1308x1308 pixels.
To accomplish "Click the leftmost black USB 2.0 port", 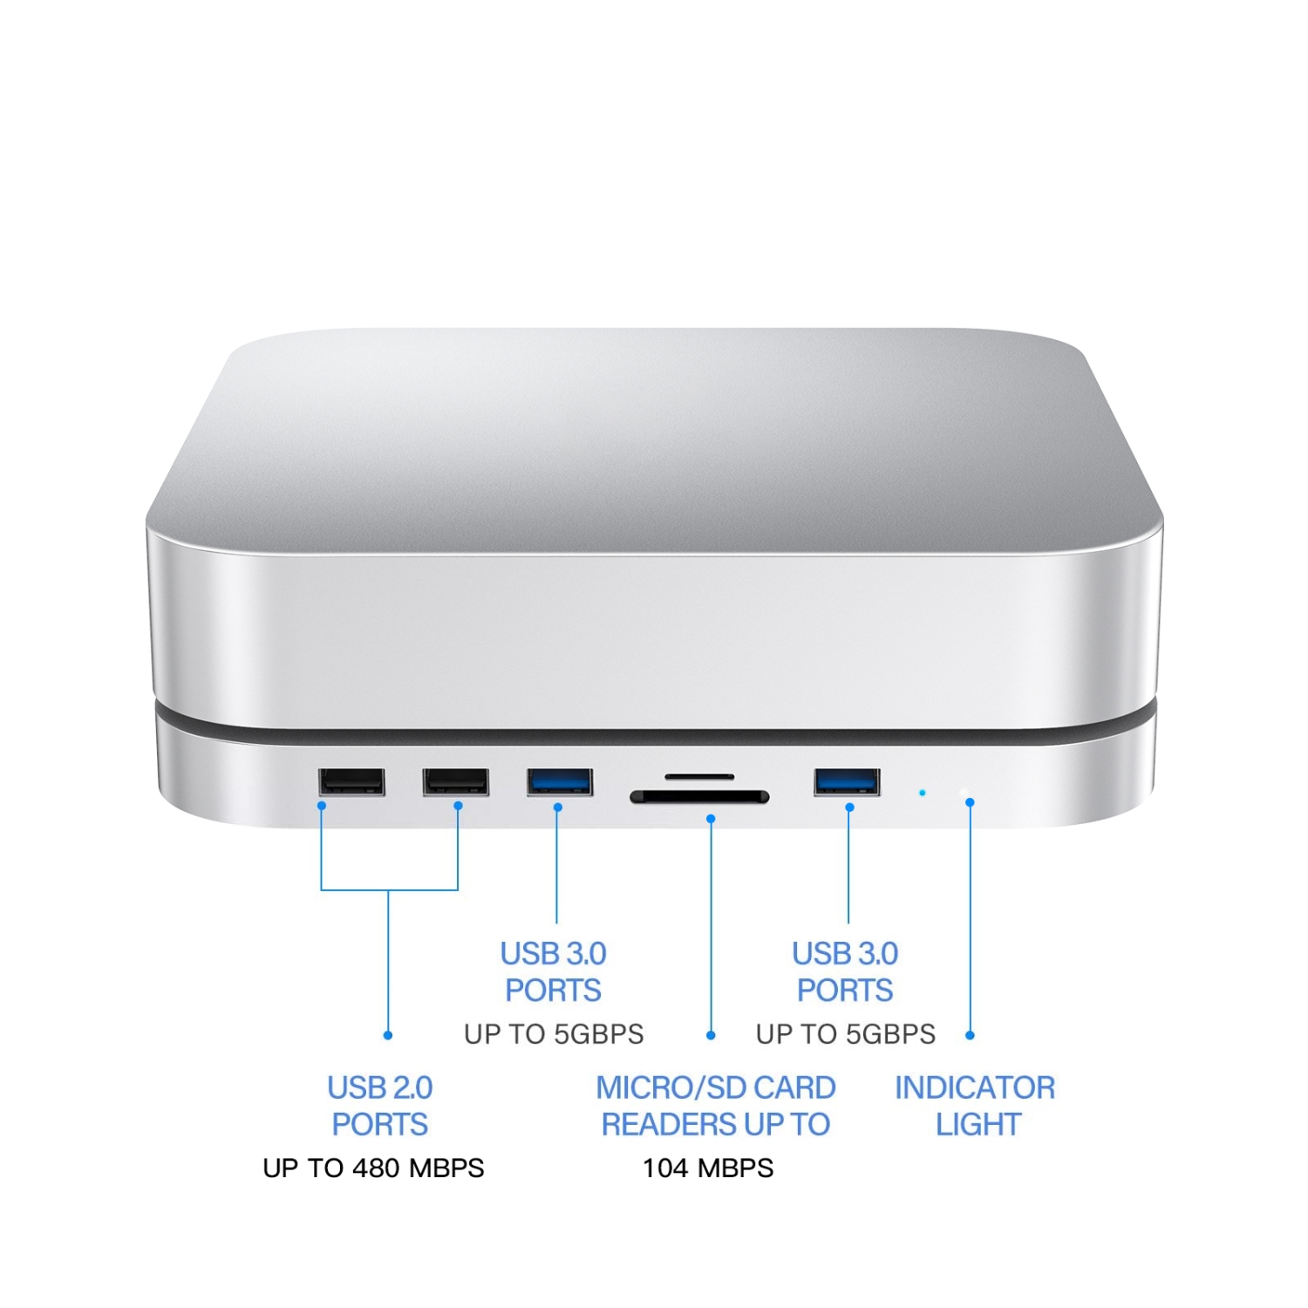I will coord(351,781).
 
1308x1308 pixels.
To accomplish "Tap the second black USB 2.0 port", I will coord(455,781).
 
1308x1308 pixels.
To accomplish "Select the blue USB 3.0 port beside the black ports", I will coord(560,781).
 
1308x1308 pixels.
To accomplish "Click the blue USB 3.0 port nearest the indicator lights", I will coord(847,781).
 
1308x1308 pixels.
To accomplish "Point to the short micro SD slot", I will coord(699,776).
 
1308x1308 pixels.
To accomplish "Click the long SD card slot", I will coord(699,796).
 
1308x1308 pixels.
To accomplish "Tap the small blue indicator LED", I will coord(923,793).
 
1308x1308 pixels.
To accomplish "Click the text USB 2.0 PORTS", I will coord(380,1106).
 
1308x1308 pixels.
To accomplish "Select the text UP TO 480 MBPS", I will coord(373,1168).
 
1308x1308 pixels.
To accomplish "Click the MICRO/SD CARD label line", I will coord(715,1087).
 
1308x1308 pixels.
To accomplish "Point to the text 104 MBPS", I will coord(708,1168).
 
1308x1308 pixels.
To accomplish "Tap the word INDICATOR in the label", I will coord(975,1087).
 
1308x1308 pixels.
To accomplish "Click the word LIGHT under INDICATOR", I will coord(978,1125).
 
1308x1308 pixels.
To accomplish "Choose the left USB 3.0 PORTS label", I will coord(554,971).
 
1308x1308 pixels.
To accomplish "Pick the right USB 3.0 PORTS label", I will coord(845,971).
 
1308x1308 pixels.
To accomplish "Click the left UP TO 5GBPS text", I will coord(554,1034).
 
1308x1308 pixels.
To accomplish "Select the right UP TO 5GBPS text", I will coord(845,1034).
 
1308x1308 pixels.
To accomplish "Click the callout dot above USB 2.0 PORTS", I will coord(388,1035).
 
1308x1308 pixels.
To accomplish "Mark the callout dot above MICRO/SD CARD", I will coord(711,1035).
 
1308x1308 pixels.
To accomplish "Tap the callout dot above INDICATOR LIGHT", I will coord(971,1035).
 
